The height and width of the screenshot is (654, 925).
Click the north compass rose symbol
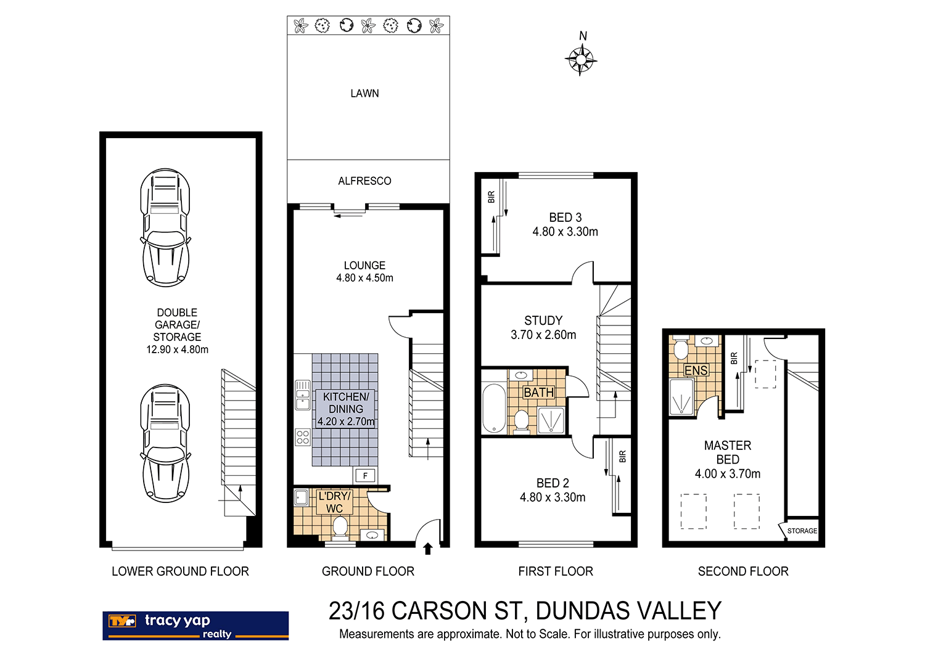coord(580,60)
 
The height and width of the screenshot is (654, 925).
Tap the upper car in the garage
coord(165,227)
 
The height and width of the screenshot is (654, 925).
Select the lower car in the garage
coord(165,443)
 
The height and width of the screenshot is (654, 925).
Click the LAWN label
coord(364,94)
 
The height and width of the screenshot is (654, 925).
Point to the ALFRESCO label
coord(364,181)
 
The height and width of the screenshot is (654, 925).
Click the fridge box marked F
coord(365,475)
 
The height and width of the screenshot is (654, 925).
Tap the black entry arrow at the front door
coord(427,549)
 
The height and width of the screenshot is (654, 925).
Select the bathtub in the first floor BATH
coord(493,409)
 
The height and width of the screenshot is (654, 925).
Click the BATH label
coord(538,393)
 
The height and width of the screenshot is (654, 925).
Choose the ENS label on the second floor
coord(696,370)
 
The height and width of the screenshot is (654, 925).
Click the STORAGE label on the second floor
coord(802,531)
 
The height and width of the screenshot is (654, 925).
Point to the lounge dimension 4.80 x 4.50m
coord(364,278)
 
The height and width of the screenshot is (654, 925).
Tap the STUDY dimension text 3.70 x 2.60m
coord(543,335)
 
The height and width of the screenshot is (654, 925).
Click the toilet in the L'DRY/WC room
coord(340,528)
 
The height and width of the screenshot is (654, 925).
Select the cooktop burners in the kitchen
coord(303,437)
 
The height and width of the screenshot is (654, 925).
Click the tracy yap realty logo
coord(195,626)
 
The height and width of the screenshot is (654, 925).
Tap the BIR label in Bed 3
coord(491,197)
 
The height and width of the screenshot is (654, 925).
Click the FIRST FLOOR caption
coord(556,571)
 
